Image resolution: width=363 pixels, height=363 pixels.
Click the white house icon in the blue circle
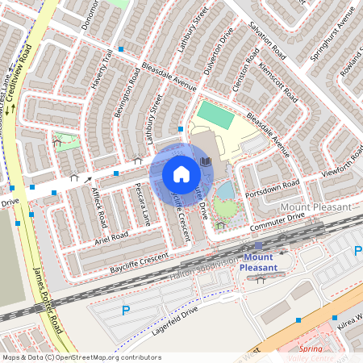[x=181, y=173]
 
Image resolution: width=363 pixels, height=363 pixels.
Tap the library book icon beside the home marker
[x=206, y=162]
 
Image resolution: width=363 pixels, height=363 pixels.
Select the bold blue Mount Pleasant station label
[x=258, y=262]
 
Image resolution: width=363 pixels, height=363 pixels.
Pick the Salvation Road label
[x=269, y=41]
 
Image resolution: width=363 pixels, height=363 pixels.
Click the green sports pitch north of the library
[x=215, y=114]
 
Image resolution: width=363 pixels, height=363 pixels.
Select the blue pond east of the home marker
[x=227, y=190]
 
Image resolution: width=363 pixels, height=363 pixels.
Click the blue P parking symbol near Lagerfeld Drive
[x=125, y=310]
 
